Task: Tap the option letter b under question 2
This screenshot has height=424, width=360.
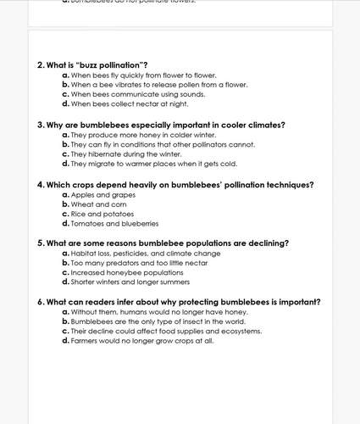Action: [x=65, y=85]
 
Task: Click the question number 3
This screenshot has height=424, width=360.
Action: [x=40, y=125]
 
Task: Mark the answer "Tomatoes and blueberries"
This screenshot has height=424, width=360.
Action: [x=114, y=224]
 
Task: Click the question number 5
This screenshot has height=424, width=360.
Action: [x=40, y=243]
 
